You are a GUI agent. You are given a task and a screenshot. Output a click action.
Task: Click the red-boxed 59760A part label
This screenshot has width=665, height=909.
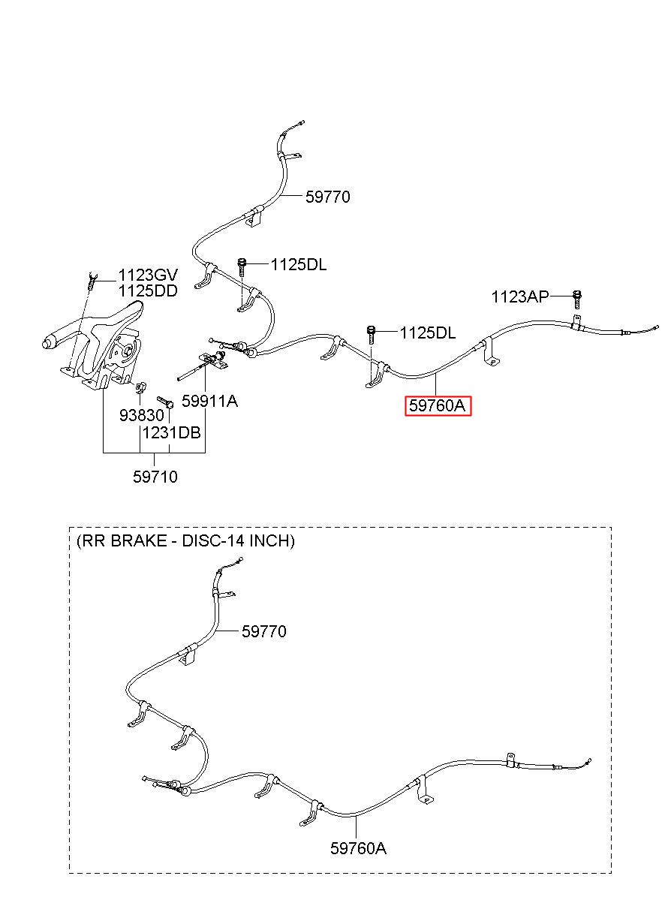tap(438, 405)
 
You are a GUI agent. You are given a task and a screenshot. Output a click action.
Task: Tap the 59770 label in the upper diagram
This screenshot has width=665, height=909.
tap(327, 197)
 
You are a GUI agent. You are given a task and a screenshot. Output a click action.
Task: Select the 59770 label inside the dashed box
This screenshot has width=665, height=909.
tap(263, 631)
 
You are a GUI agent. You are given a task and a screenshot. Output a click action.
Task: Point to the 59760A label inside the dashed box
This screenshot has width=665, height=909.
tap(358, 848)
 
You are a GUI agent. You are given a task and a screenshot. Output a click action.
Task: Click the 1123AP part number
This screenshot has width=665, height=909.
tap(519, 297)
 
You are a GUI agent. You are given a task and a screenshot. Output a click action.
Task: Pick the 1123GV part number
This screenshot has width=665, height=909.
tap(148, 275)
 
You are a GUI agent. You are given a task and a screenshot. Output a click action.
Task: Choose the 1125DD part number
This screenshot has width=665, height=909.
tap(148, 290)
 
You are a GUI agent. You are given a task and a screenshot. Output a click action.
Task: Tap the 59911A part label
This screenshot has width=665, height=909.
tap(209, 402)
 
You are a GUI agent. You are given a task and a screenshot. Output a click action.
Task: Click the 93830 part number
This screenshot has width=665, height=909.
tap(142, 415)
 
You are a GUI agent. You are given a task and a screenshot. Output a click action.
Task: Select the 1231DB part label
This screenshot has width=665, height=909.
tap(172, 433)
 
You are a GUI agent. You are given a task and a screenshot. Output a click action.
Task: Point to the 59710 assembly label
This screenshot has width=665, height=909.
tap(155, 477)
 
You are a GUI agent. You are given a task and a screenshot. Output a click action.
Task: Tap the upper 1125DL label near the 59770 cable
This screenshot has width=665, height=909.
tap(299, 265)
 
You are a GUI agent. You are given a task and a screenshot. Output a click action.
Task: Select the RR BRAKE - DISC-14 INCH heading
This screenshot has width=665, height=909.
tap(185, 541)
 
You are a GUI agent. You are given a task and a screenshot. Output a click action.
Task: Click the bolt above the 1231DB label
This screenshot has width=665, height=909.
tap(166, 402)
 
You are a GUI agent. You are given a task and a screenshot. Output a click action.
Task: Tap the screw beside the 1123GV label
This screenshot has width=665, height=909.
tap(92, 280)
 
